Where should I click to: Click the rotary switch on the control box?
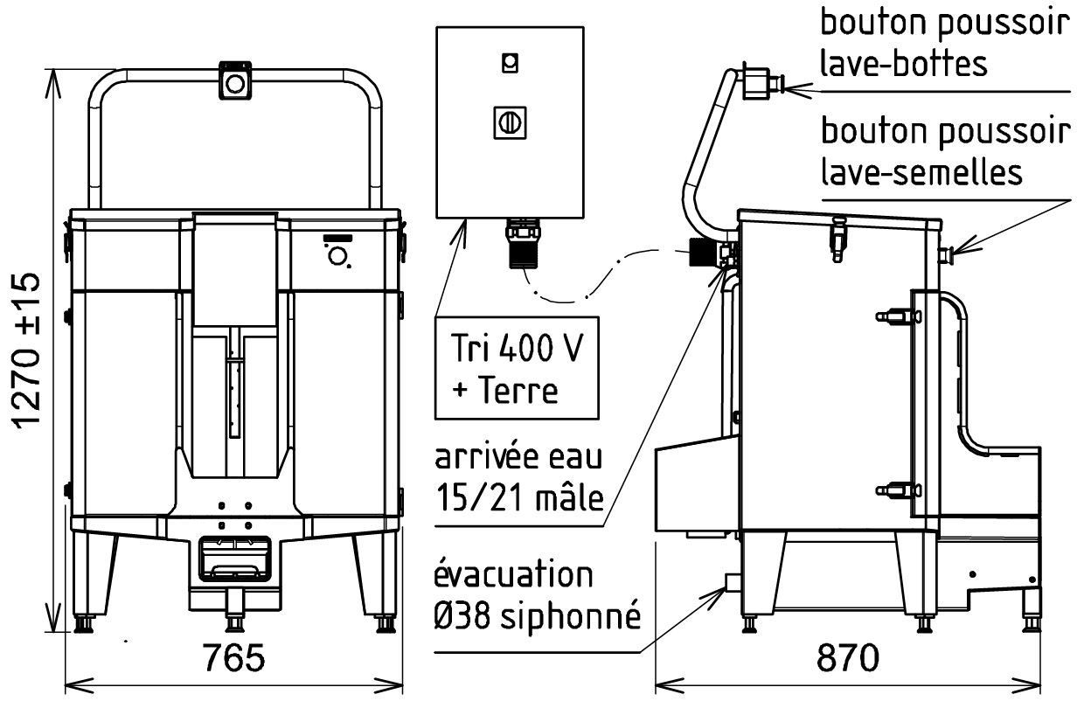pyautogui.click(x=509, y=122)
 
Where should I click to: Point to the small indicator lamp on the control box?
pyautogui.click(x=509, y=62)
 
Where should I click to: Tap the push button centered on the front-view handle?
pyautogui.click(x=234, y=81)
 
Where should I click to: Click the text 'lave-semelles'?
pyautogui.click(x=921, y=171)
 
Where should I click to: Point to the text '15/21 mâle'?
pyautogui.click(x=519, y=498)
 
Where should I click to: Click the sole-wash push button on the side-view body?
pyautogui.click(x=945, y=254)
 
